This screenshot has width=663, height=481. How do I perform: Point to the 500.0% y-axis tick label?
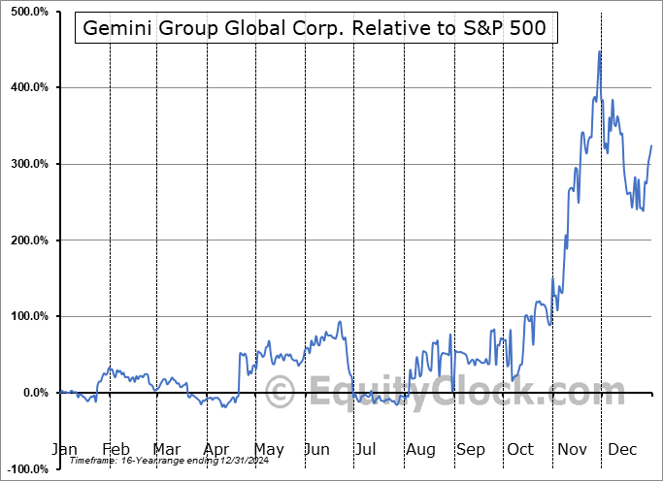tap(29, 12)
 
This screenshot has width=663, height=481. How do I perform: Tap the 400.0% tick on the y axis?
tap(29, 88)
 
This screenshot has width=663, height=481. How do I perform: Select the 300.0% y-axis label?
tap(29, 164)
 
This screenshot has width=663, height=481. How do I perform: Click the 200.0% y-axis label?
tap(29, 240)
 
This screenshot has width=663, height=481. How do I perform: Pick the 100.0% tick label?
tap(29, 316)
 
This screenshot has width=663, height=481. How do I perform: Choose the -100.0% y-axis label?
tap(27, 468)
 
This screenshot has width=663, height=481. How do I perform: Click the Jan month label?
tap(64, 450)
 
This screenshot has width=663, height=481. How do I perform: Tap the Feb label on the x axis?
tap(116, 450)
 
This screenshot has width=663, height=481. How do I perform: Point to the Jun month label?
tap(317, 450)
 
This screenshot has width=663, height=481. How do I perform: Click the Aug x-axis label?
tap(420, 450)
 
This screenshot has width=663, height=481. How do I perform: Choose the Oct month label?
tap(521, 450)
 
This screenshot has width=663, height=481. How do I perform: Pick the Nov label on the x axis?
tap(574, 450)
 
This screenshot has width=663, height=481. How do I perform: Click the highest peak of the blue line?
tap(600, 51)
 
